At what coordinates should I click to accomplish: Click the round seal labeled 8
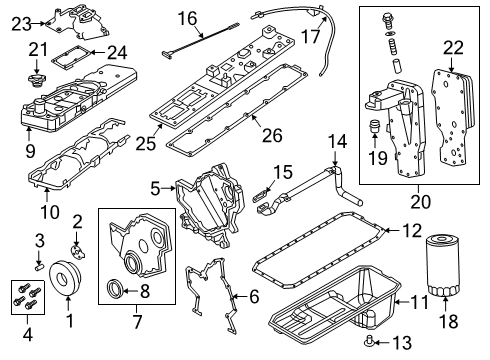point(117,291)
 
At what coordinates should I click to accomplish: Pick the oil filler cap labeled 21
point(38,76)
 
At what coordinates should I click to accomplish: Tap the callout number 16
point(185,17)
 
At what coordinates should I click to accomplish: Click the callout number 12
point(412,230)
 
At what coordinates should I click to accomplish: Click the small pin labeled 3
point(39,266)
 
